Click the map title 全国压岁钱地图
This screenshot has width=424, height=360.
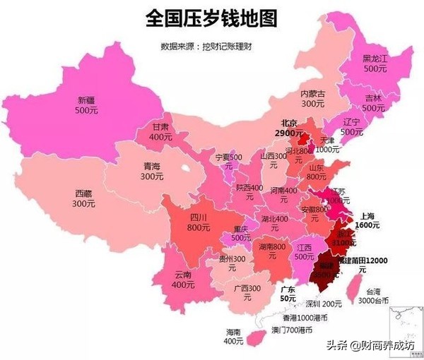[x=211, y=18]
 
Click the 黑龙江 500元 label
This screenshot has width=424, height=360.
[x=375, y=64]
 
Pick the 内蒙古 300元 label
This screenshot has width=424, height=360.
[x=312, y=98]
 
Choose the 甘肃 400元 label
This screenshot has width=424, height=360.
[x=161, y=132]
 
